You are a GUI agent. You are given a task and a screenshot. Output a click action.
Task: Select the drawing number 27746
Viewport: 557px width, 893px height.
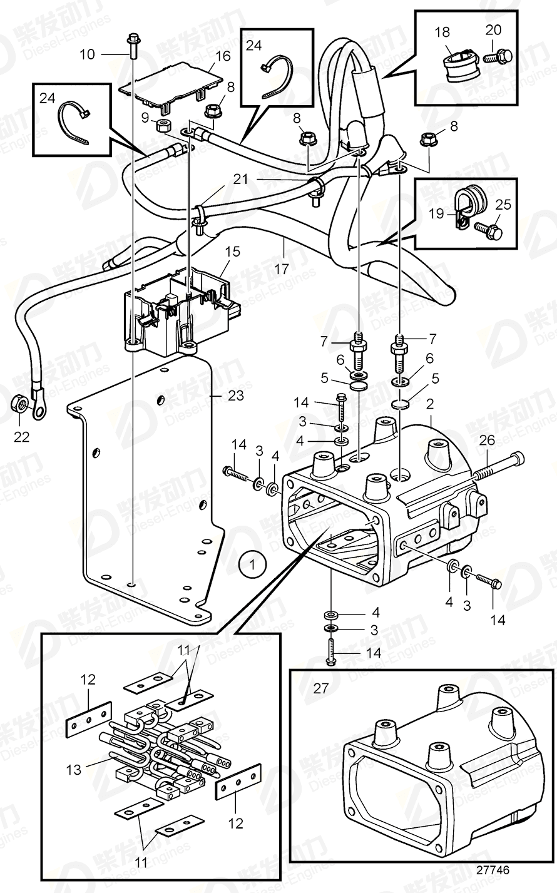[x=493, y=870]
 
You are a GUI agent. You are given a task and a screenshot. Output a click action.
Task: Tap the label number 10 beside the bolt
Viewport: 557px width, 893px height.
[x=87, y=54]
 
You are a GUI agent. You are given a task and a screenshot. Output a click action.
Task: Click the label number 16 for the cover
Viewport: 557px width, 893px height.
[x=223, y=56]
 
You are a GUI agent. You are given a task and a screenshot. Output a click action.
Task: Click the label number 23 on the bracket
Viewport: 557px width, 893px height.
[x=236, y=395]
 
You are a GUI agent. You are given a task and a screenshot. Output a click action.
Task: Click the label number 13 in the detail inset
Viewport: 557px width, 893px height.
[x=74, y=769]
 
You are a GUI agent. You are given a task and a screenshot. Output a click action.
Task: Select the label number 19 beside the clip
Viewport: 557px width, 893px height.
[x=437, y=213]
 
